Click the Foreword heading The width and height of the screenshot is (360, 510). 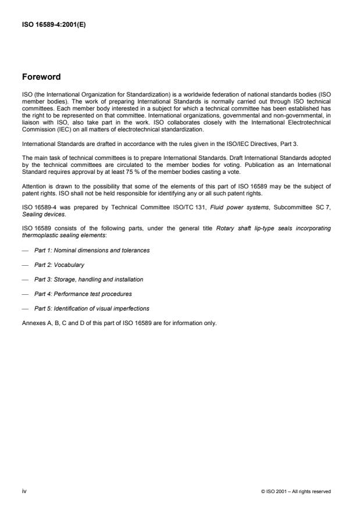pos(41,77)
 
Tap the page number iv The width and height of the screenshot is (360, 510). pos(24,491)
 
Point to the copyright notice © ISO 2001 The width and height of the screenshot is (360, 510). pos(296,492)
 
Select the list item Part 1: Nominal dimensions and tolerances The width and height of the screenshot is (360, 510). pos(91,250)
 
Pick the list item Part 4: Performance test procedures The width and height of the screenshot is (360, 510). pos(83,294)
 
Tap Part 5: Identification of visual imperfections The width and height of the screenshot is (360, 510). pos(91,308)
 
